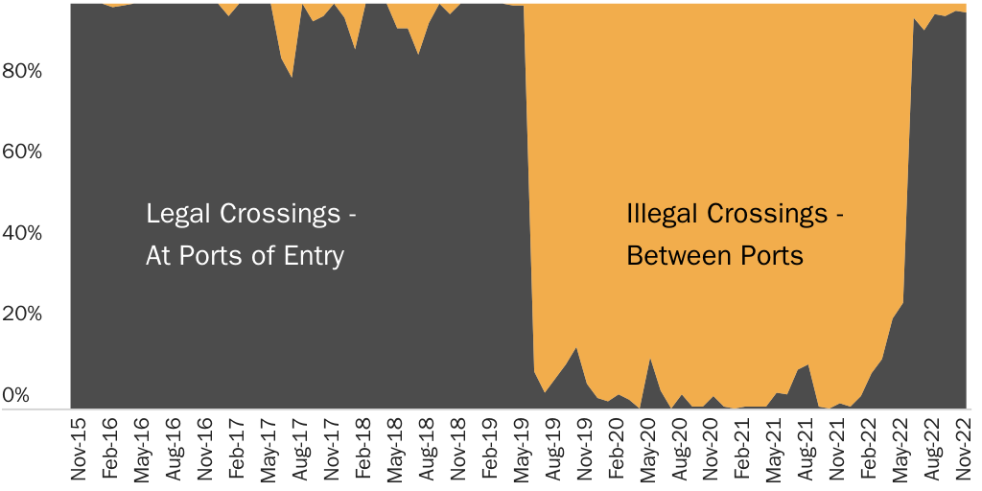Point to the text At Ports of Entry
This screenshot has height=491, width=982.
[x=245, y=257]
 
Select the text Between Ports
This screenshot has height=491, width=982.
[x=715, y=257]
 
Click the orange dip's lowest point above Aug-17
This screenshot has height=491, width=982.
[x=292, y=77]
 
